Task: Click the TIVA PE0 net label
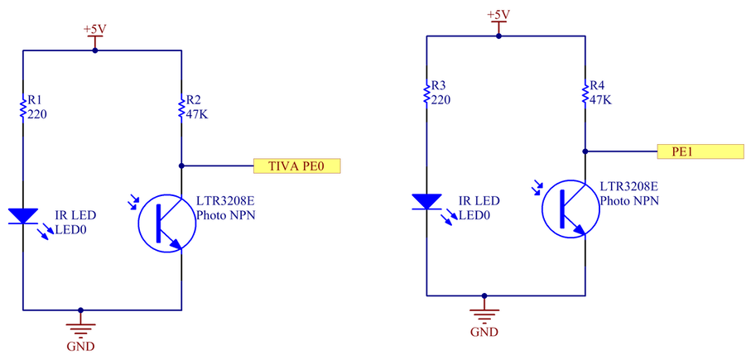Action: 296,166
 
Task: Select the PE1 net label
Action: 700,151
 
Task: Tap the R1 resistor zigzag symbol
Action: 22,108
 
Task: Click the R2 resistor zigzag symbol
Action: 181,108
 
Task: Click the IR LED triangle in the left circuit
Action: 22,216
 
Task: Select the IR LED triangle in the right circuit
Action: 426,202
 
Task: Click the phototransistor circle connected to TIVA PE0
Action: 166,223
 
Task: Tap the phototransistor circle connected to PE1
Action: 570,209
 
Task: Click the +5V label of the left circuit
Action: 94,29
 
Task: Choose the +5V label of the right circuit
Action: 498,14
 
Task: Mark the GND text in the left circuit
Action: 80,346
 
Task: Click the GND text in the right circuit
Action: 484,331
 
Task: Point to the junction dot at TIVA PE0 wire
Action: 181,166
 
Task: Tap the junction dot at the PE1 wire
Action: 585,151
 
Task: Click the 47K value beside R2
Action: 197,115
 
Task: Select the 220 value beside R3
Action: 441,100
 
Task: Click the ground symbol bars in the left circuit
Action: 80,330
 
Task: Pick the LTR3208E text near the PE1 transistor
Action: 628,187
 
